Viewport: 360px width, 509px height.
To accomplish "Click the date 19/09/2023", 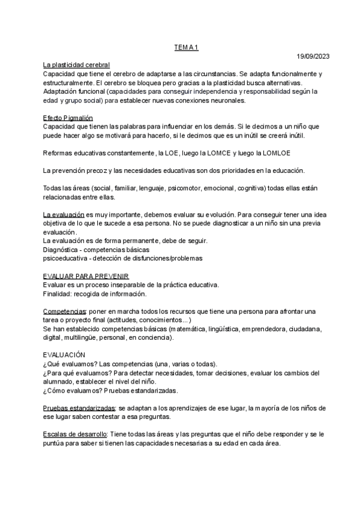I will pos(313,56).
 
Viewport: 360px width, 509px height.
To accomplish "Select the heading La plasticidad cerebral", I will pos(76,65).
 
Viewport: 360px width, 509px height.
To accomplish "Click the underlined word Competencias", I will pos(65,312).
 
